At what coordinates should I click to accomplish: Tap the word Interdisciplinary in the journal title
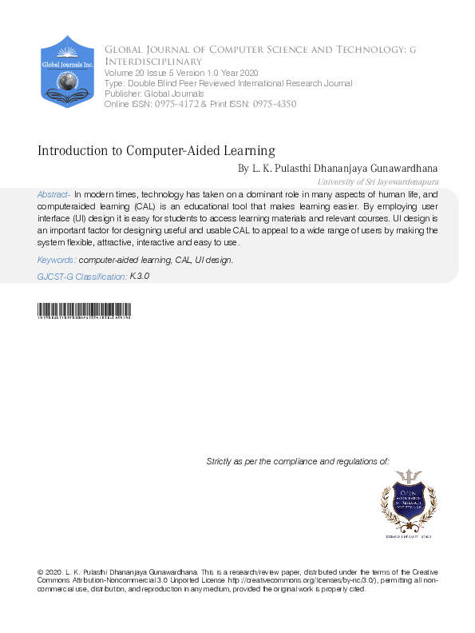click(x=153, y=62)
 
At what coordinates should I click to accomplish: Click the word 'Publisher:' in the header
click(x=122, y=94)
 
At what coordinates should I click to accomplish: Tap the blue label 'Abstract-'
click(x=53, y=195)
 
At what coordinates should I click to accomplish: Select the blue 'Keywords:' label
click(x=57, y=261)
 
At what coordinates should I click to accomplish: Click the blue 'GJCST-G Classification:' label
click(x=82, y=276)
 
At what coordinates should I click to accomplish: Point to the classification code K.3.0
click(x=140, y=276)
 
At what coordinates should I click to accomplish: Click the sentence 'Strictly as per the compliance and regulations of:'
click(x=298, y=461)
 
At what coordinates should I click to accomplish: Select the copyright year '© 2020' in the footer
click(x=50, y=573)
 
